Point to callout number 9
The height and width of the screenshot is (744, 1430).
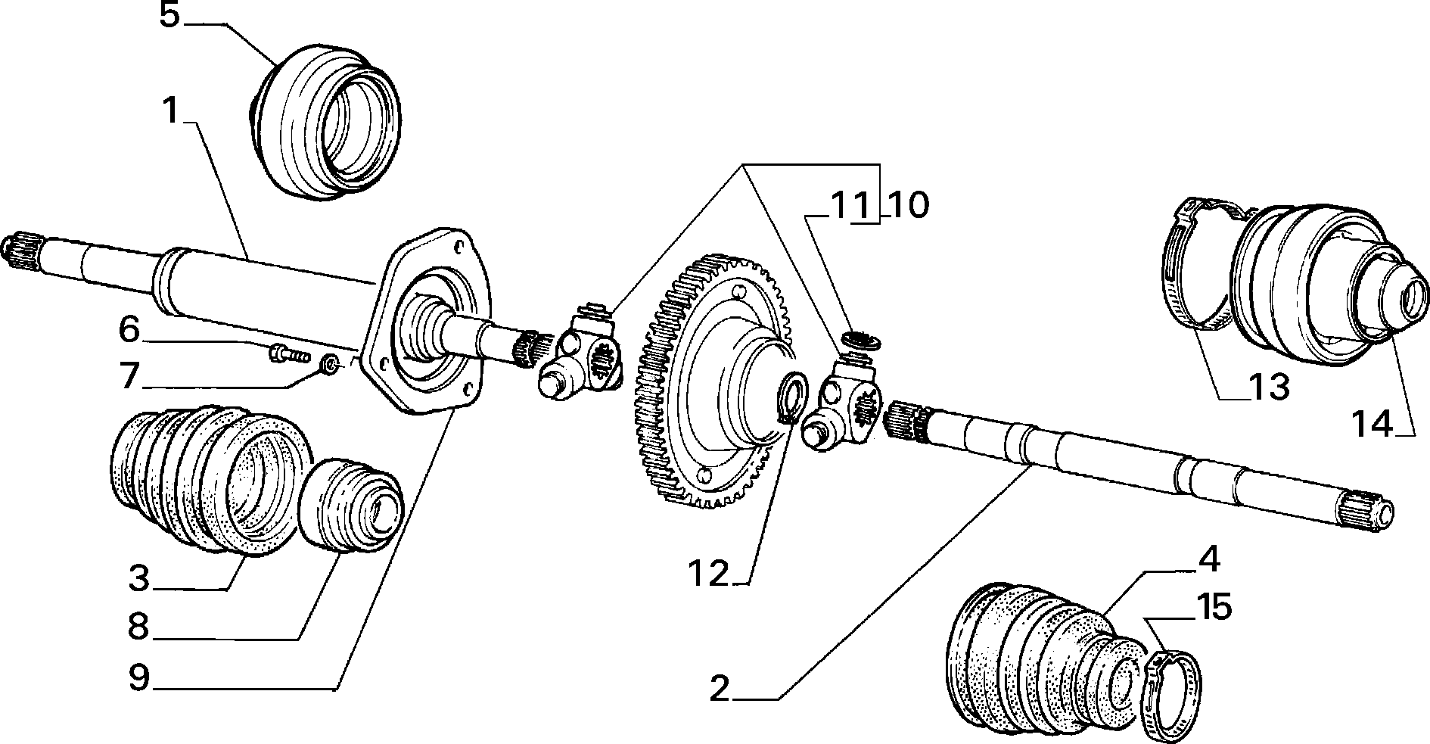[138, 677]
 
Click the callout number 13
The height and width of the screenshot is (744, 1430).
[1267, 388]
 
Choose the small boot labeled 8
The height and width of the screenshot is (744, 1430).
[350, 503]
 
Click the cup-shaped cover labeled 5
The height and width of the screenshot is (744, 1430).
[325, 121]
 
